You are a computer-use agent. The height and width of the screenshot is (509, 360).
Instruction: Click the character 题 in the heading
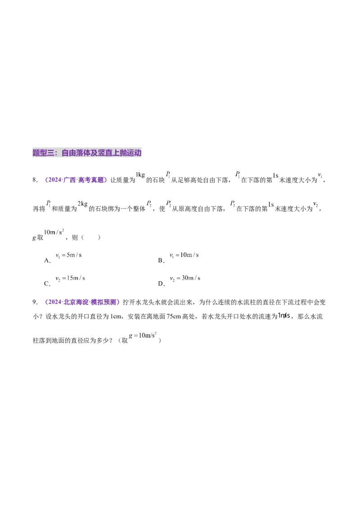point(36,153)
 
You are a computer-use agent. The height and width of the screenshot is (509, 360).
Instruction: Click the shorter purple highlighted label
point(76,180)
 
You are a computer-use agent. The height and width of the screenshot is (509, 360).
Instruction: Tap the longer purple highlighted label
point(83,302)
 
